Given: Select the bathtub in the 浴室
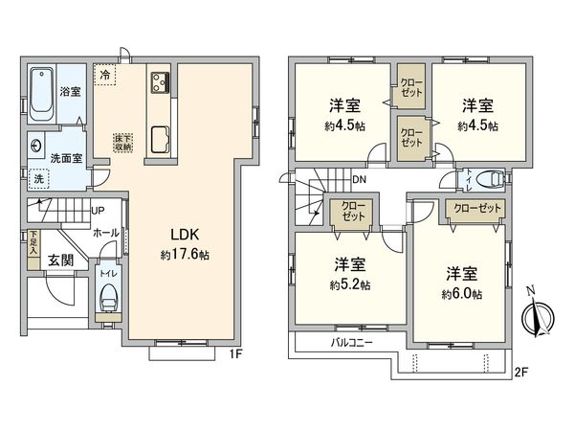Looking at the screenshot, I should coord(42,94).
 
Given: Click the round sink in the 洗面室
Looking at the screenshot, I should coord(36,147).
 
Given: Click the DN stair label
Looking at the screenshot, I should coord(358,180).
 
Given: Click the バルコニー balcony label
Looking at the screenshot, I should coord(352,343).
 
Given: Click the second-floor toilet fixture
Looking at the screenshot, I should coord(485,177).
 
